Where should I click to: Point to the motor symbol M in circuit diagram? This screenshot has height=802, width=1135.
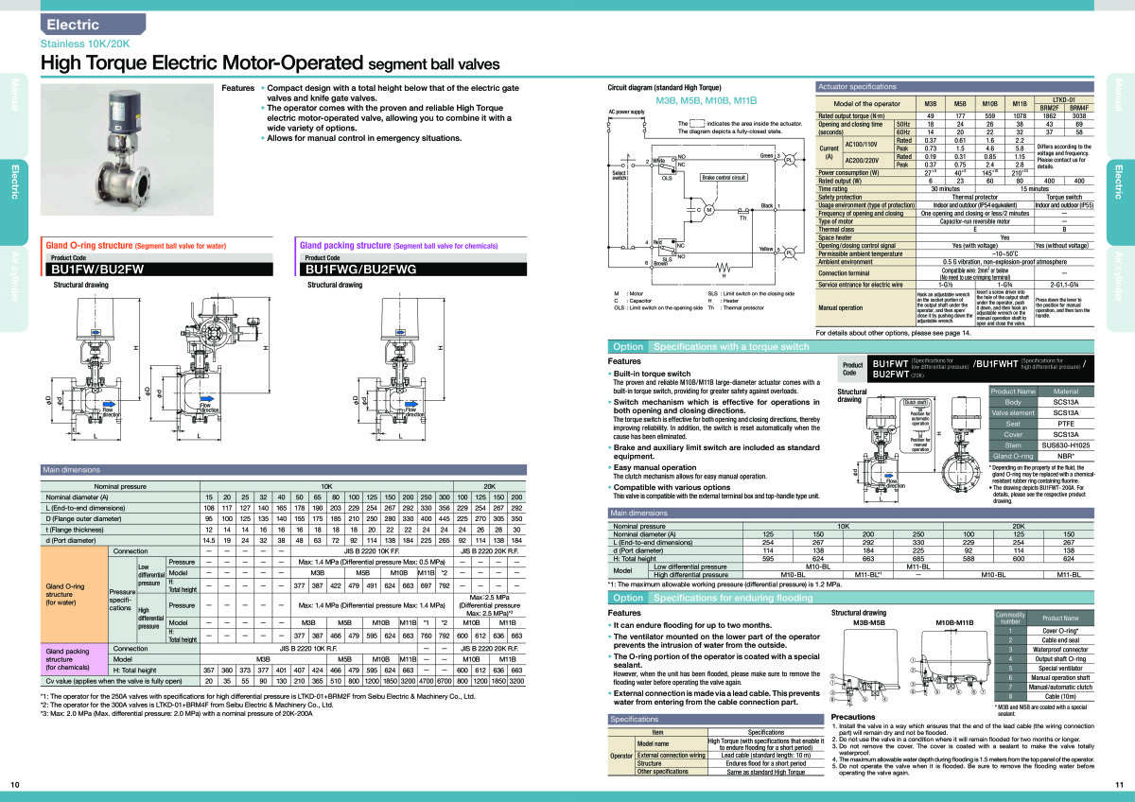[707, 209]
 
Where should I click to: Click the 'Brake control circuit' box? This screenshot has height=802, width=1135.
[724, 177]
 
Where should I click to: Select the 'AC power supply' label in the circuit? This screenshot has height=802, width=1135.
[626, 112]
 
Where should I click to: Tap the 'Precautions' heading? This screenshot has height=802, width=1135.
[852, 717]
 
